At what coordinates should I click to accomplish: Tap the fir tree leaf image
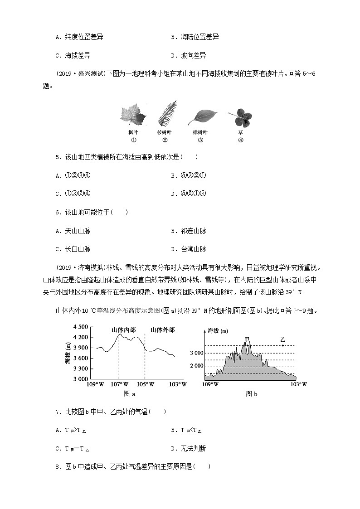point(166,114)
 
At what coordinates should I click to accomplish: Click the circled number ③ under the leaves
point(200,140)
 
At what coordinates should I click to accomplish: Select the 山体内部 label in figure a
point(124,330)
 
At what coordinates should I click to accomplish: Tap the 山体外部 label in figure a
point(162,330)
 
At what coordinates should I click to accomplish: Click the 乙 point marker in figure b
point(283,345)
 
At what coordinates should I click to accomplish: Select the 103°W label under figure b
point(298,384)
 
